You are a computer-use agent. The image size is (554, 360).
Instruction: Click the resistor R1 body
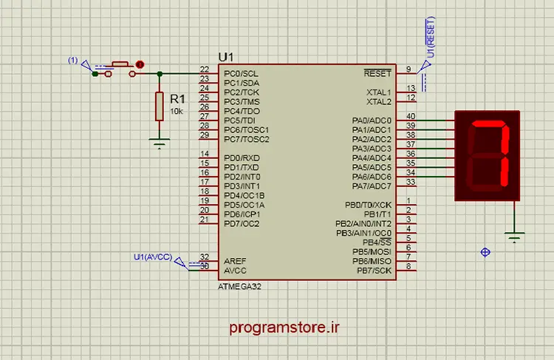(160, 106)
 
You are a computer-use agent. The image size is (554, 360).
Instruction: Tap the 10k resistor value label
(177, 111)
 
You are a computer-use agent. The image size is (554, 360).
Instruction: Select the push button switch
(120, 69)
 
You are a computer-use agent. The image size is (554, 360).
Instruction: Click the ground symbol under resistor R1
(160, 143)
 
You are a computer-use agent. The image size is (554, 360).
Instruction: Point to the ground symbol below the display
(514, 237)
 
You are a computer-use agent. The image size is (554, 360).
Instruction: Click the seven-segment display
(487, 155)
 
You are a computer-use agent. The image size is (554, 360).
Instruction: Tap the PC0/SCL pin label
(241, 74)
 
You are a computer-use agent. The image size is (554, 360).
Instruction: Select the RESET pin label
(377, 73)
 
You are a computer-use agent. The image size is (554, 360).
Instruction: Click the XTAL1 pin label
(379, 92)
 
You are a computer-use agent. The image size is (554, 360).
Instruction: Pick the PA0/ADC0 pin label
(372, 120)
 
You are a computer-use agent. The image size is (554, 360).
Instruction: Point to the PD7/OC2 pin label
(242, 223)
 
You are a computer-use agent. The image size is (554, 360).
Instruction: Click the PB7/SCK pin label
(375, 271)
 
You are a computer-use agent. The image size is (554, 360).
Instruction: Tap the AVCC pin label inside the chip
(235, 271)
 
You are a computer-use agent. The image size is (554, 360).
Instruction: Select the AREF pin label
(235, 261)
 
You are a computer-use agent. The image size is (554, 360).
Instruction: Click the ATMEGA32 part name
(239, 286)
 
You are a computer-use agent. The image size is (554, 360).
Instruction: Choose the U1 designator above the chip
(226, 57)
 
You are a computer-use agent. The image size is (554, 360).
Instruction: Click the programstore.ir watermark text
(284, 327)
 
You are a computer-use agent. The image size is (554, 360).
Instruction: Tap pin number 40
(411, 116)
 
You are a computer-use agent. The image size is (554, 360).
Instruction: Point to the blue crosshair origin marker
(485, 252)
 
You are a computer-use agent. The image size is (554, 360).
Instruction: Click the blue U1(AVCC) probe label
(153, 257)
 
